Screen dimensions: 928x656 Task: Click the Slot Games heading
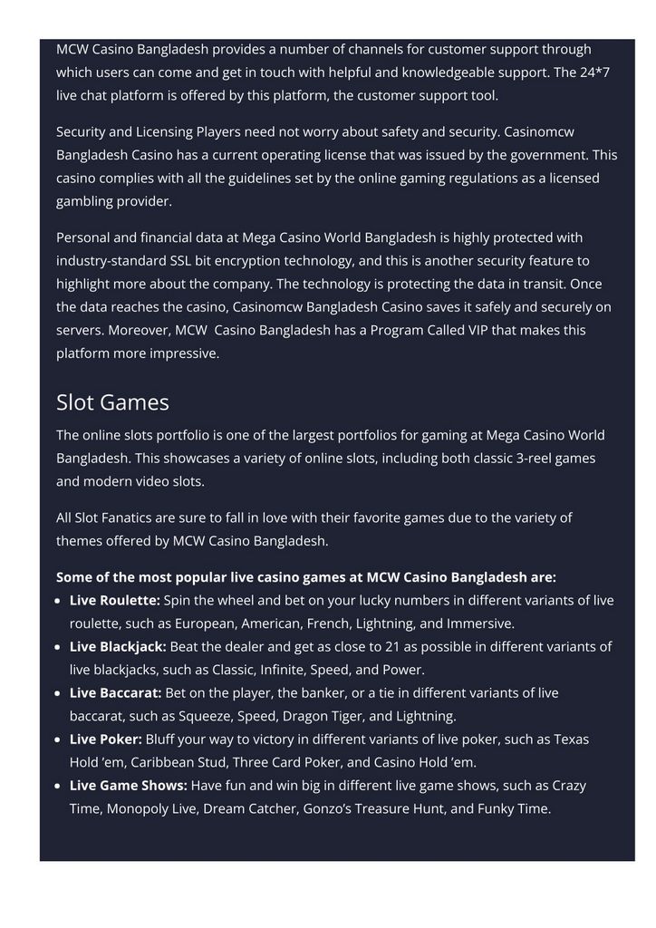pos(112,402)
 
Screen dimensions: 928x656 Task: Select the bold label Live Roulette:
pos(114,600)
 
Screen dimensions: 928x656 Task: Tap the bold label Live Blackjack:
pos(118,646)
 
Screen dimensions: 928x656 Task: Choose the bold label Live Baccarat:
pos(115,692)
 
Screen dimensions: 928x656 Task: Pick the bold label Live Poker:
pos(105,739)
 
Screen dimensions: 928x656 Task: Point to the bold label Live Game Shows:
pos(128,785)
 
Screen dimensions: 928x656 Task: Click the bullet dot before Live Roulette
pos(60,601)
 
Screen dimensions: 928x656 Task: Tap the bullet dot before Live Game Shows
pos(60,786)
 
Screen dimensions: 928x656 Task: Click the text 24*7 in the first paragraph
pos(594,72)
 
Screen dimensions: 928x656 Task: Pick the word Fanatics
pos(136,517)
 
